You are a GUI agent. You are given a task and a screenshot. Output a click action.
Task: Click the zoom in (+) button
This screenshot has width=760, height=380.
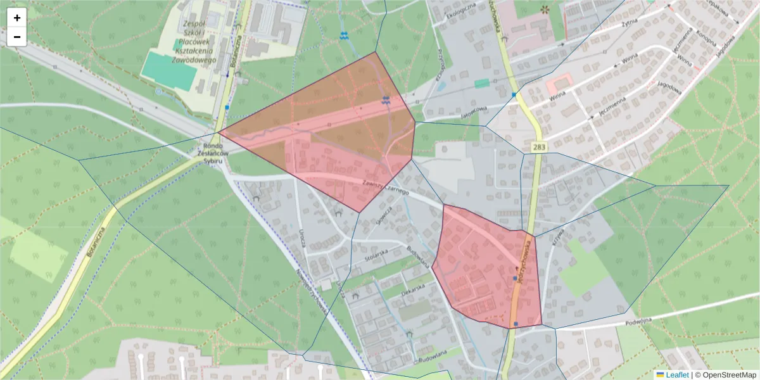17,18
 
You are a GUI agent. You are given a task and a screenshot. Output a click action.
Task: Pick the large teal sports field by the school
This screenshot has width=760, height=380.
168,71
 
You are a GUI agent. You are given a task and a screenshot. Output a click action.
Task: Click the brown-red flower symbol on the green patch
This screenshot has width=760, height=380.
545,9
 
